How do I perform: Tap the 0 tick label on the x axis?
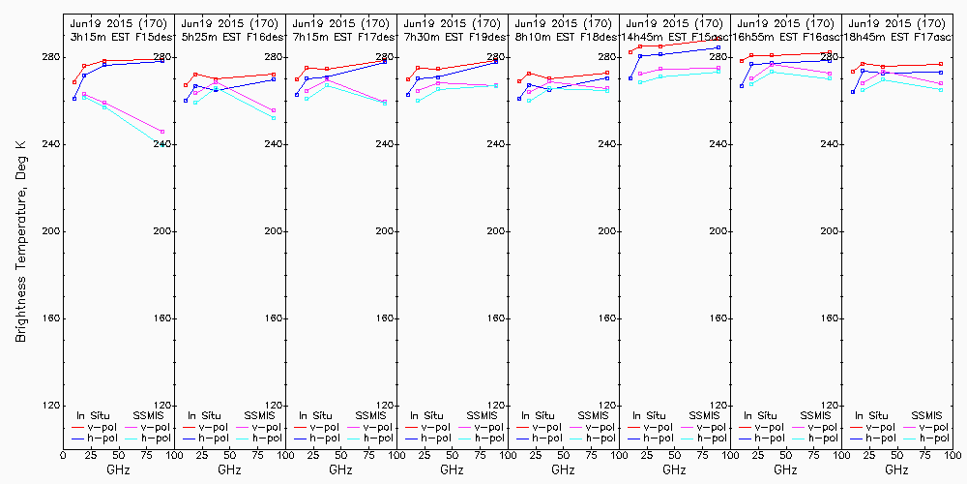point(63,454)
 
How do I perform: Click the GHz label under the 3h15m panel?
point(118,469)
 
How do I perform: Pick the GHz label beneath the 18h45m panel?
point(896,469)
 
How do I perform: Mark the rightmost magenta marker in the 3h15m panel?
point(162,132)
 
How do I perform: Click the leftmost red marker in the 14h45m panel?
point(630,52)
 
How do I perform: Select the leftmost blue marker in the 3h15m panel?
point(74,99)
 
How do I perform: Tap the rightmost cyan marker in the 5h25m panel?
point(274,118)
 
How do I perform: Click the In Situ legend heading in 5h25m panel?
point(204,415)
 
